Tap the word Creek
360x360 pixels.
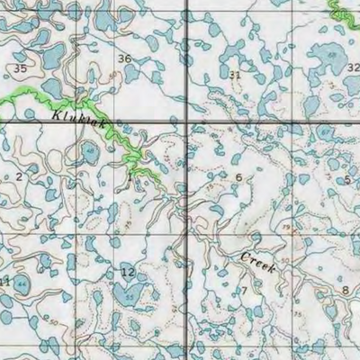pyautogui.click(x=257, y=263)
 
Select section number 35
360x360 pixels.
pyautogui.click(x=20, y=68)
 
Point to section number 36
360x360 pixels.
pyautogui.click(x=125, y=59)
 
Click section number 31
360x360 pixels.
pyautogui.click(x=235, y=75)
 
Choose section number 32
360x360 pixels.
pyautogui.click(x=352, y=67)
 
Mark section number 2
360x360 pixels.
pyautogui.click(x=18, y=176)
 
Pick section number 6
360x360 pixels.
pyautogui.click(x=238, y=177)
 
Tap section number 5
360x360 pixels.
pyautogui.click(x=346, y=180)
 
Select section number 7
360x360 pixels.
pyautogui.click(x=242, y=290)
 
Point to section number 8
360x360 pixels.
pyautogui.click(x=345, y=290)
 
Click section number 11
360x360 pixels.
pyautogui.click(x=5, y=282)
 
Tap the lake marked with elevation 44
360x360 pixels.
pyautogui.click(x=21, y=284)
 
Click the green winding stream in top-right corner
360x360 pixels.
pyautogui.click(x=343, y=13)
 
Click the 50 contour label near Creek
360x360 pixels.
pyautogui.click(x=285, y=262)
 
